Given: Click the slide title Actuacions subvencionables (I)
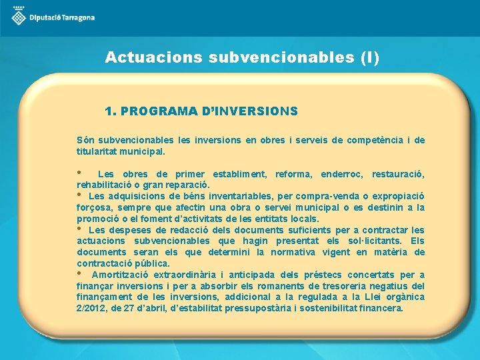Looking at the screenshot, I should click(x=242, y=58).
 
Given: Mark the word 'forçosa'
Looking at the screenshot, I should click(x=93, y=207).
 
